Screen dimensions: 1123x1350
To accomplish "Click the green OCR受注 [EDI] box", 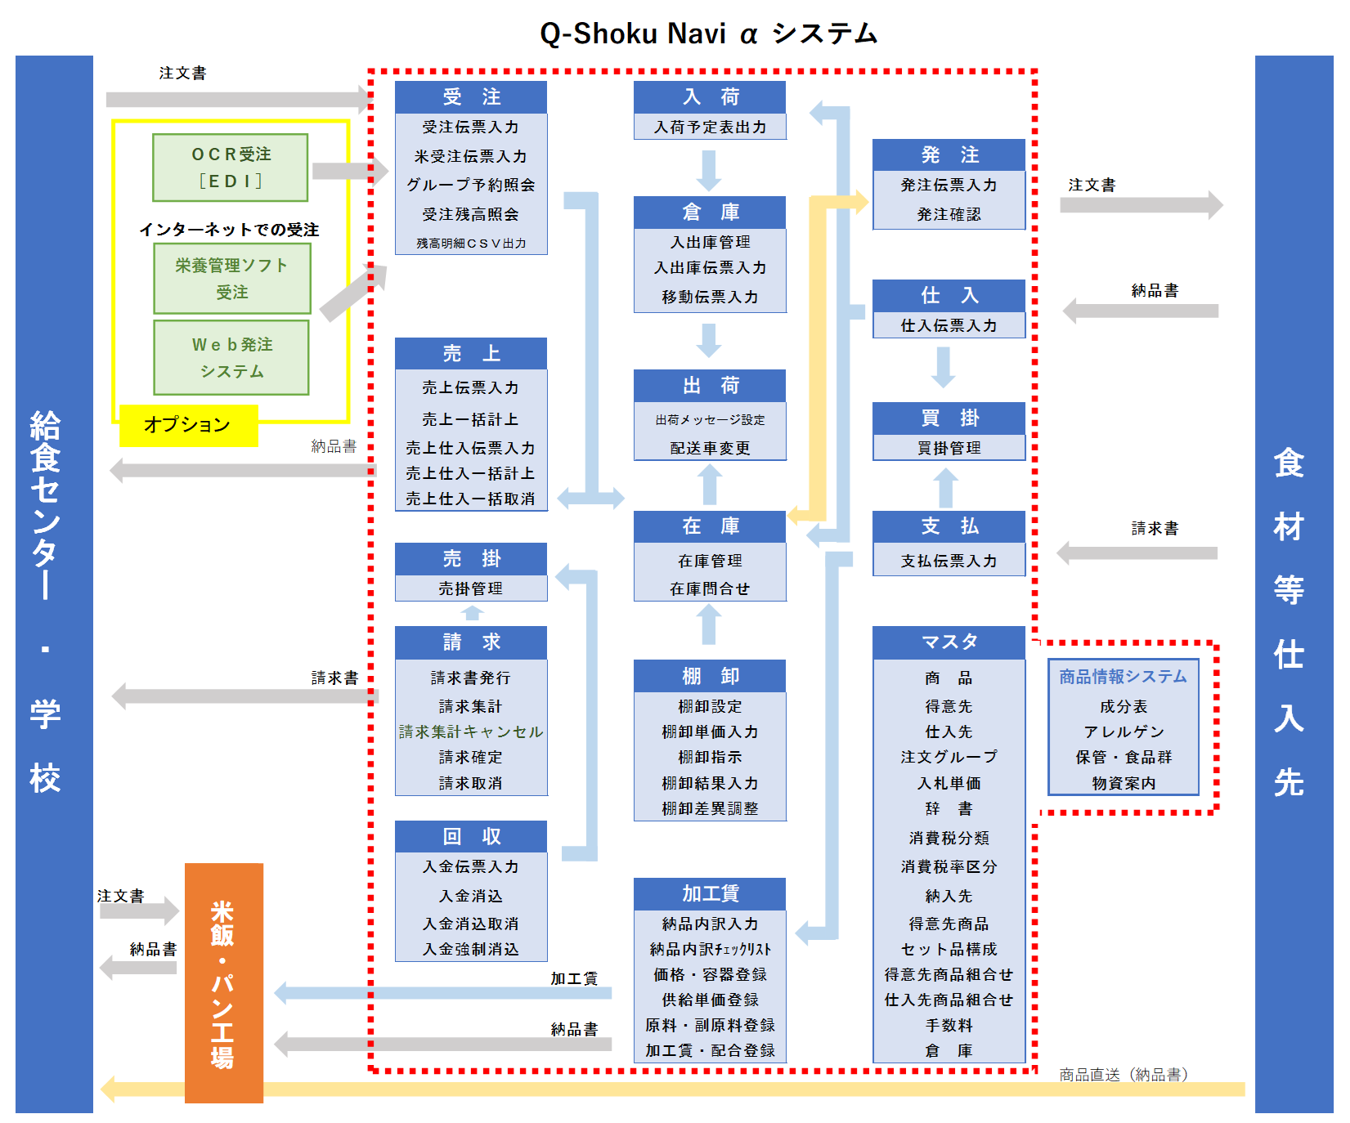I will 230,168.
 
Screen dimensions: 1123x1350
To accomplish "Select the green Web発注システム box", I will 231,358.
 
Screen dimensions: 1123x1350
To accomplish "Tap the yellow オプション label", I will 188,425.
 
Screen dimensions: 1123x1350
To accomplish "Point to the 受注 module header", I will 470,97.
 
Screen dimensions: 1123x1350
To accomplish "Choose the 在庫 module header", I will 710,526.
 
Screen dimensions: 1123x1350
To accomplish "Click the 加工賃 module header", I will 710,893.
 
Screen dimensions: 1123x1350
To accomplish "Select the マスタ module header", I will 949,642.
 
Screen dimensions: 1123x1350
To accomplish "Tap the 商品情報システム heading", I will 1123,677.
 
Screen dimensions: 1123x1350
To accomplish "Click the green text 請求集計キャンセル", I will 470,732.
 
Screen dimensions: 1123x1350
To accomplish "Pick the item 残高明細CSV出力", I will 470,243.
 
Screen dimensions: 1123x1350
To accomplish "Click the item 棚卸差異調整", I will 710,808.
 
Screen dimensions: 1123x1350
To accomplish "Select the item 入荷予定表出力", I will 710,127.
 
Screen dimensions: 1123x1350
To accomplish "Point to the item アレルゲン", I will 1124,732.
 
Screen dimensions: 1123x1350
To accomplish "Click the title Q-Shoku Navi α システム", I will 708,34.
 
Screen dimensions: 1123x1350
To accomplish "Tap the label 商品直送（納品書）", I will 1123,1074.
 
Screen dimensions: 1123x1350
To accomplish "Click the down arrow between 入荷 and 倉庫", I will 709,170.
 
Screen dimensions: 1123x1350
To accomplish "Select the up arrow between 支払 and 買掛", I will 945,488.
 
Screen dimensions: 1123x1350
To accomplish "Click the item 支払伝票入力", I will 949,561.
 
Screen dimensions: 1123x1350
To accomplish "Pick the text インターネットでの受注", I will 229,230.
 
